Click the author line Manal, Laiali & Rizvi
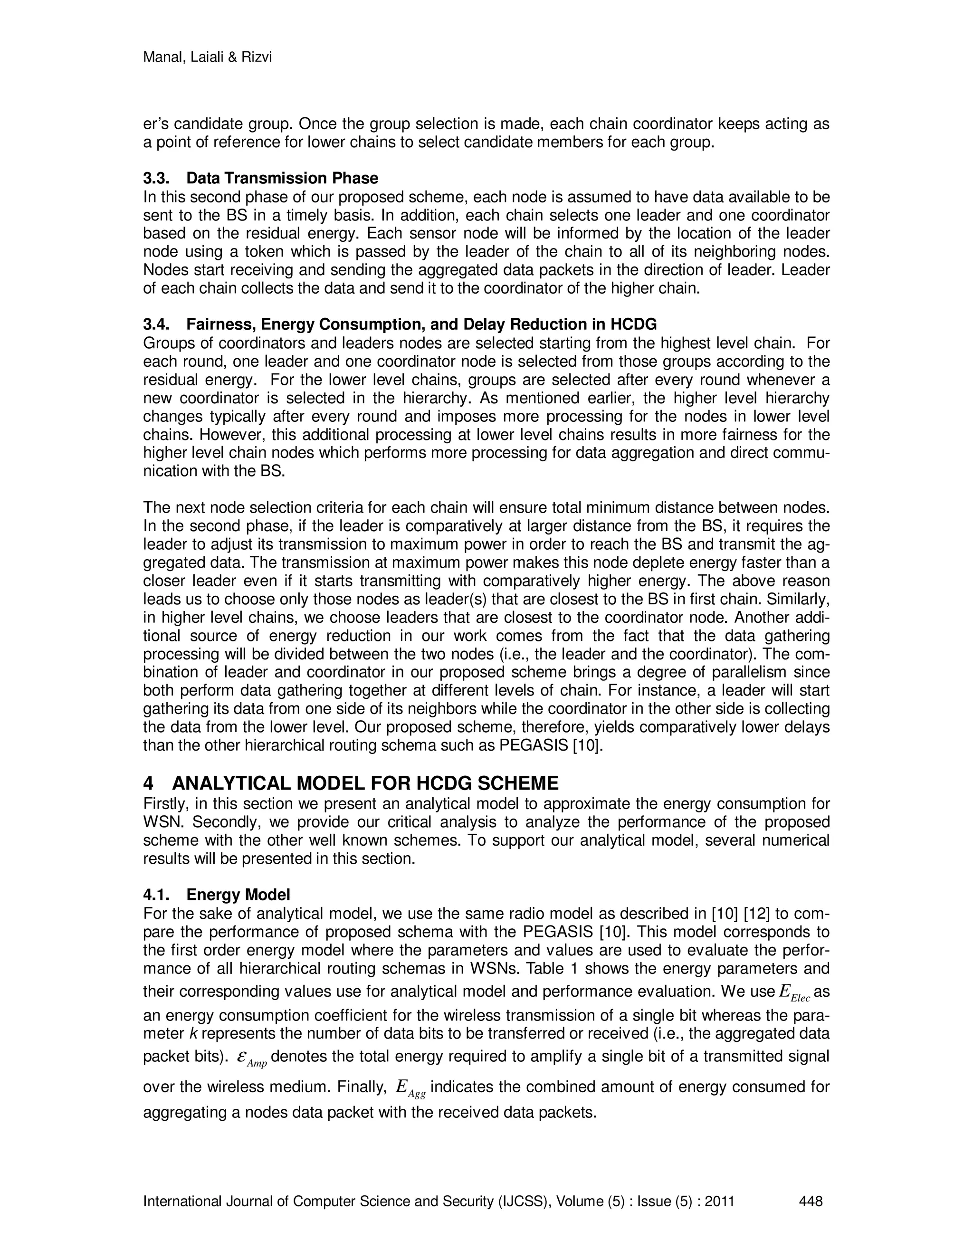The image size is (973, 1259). pos(207,57)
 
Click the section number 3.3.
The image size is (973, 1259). pos(156,178)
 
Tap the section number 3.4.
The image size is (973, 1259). pos(156,324)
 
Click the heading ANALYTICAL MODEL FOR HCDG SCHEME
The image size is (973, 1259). pos(365,783)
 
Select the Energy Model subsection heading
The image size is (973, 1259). pos(238,895)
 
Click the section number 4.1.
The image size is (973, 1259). pos(156,895)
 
